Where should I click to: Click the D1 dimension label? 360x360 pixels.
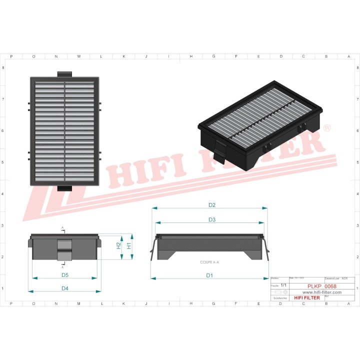point(209,275)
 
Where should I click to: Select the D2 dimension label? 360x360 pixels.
point(211,205)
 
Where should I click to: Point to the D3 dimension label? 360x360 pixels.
point(211,219)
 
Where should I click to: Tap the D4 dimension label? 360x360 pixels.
point(65,288)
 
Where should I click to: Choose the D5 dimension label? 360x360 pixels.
point(65,275)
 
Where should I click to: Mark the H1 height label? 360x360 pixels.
point(129,245)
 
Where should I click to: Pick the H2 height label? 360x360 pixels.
point(118,245)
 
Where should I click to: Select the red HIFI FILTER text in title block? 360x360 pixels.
point(307,298)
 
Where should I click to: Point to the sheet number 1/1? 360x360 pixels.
point(283,284)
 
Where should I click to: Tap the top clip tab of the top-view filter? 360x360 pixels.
point(64,74)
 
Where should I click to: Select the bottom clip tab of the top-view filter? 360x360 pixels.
point(64,188)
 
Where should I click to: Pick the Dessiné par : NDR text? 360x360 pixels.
point(336,278)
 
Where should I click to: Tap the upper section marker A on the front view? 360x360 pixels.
point(62,228)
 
